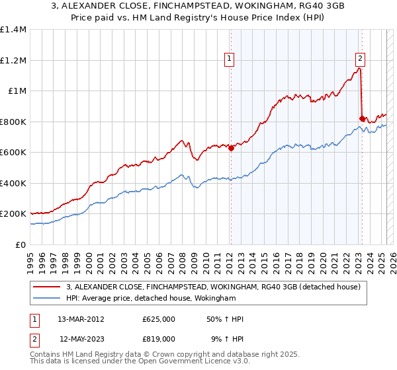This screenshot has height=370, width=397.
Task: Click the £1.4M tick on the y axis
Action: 13,30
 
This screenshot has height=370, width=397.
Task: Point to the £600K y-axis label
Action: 13,153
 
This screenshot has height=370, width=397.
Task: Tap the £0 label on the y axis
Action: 20,245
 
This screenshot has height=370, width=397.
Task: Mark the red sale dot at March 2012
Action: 231,149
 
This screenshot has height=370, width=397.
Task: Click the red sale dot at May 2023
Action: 362,119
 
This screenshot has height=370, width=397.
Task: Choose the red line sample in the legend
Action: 48,287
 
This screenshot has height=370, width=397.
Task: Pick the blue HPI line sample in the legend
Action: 48,299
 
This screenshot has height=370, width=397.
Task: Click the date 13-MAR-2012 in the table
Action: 81,319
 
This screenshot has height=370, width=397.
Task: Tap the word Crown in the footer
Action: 185,355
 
